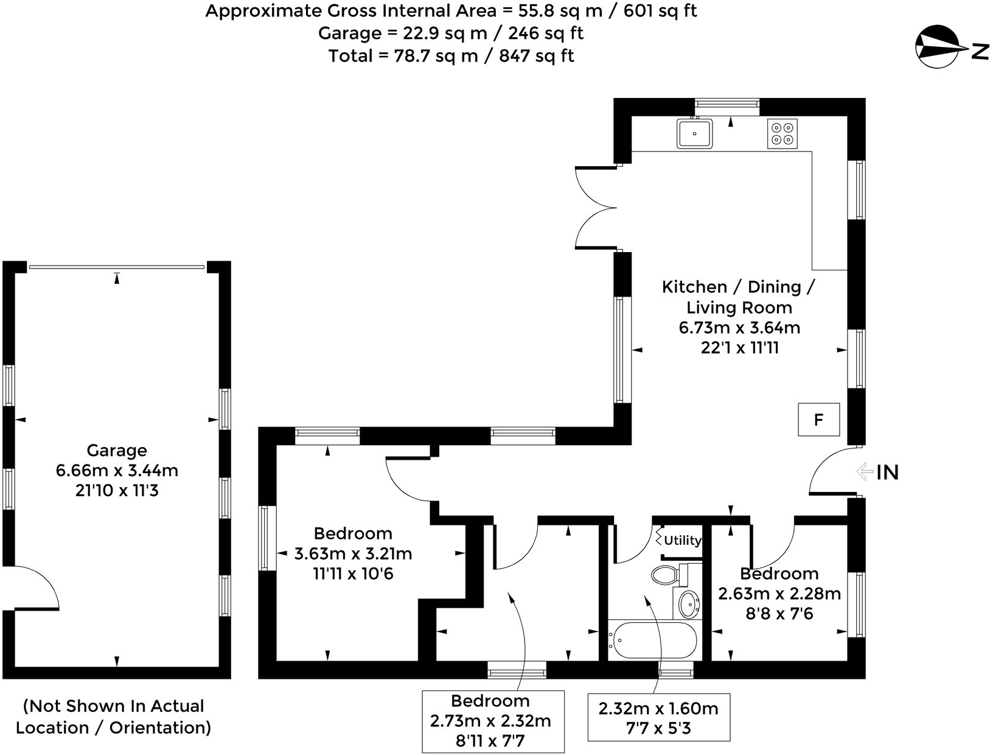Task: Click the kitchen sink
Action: click(694, 133)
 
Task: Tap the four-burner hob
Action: click(782, 133)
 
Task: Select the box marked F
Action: click(818, 420)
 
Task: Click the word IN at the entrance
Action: click(887, 472)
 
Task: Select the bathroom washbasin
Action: click(689, 603)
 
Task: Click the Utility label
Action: click(682, 540)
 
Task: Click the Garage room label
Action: click(117, 451)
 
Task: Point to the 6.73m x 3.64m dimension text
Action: click(739, 328)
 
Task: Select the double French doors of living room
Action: click(596, 208)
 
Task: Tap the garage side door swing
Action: click(33, 588)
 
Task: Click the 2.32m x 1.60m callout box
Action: click(658, 718)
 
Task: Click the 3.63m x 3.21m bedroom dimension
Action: click(353, 554)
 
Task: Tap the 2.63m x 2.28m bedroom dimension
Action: click(779, 594)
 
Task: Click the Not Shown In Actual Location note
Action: click(114, 717)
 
